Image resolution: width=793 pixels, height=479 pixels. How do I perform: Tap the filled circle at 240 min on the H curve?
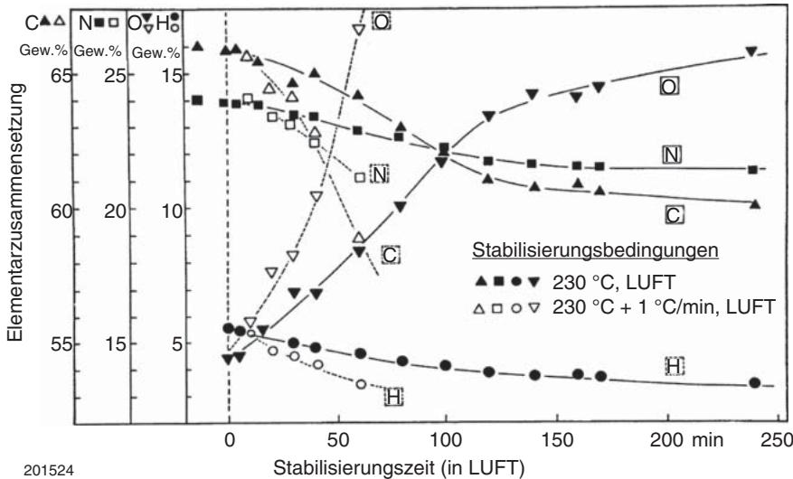pyautogui.click(x=755, y=382)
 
